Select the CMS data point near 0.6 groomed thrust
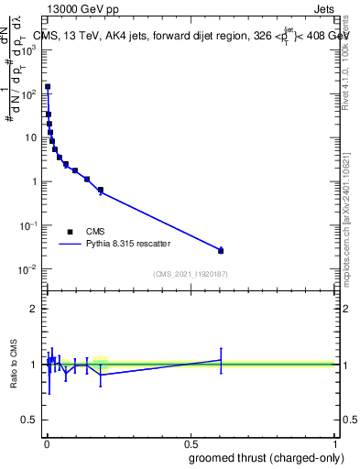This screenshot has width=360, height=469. (x=221, y=250)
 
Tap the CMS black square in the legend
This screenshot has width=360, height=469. (x=70, y=232)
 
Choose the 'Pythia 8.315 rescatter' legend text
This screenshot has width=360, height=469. (x=128, y=245)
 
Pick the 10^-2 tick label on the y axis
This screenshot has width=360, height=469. (x=27, y=269)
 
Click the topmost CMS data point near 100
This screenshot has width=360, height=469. (x=48, y=87)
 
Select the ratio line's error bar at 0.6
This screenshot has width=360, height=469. (x=221, y=360)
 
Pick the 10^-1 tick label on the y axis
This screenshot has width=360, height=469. (x=27, y=225)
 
